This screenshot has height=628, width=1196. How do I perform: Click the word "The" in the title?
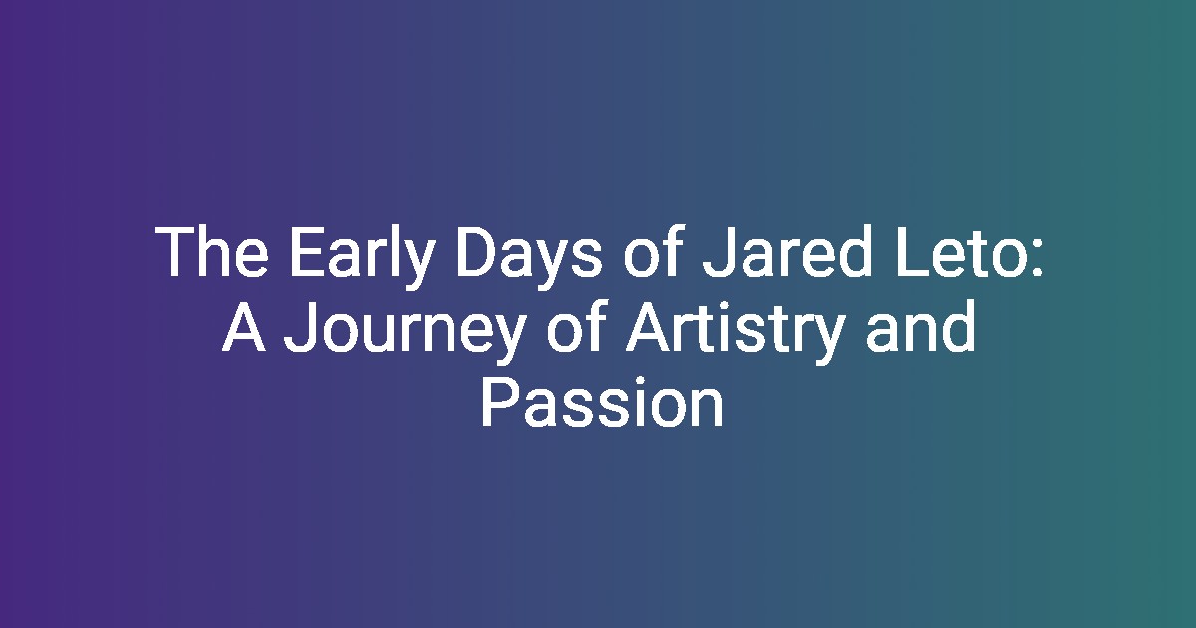(212, 251)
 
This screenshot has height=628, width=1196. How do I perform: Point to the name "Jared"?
(787, 250)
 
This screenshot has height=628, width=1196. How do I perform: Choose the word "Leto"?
(961, 251)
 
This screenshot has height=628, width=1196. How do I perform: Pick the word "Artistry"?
(736, 331)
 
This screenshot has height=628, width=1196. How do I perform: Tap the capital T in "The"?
(176, 251)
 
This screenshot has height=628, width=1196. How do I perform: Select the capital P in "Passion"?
(499, 401)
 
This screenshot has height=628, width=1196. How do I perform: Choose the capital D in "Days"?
(478, 251)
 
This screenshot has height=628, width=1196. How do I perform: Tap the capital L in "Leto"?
(912, 251)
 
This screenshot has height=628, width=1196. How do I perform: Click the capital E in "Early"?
(307, 251)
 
